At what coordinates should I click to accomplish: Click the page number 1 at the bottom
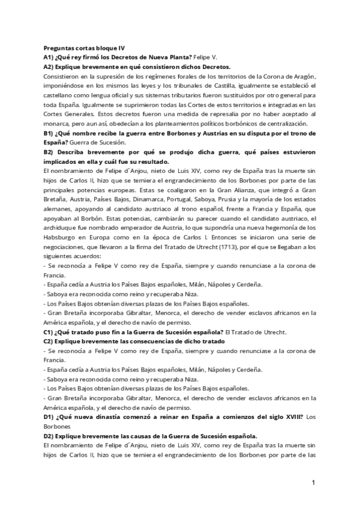click(313, 483)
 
